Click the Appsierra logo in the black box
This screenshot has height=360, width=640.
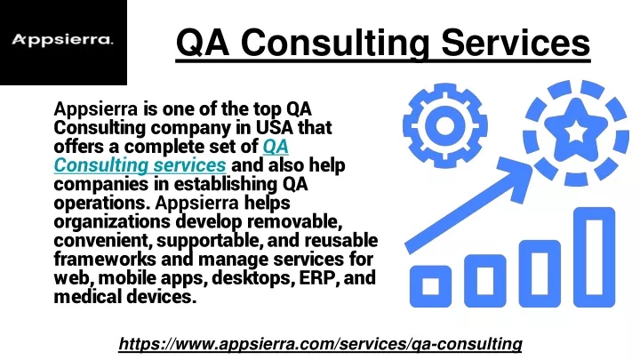62,40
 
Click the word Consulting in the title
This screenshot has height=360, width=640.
335,44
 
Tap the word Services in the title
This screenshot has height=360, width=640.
516,43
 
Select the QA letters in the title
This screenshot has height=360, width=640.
203,44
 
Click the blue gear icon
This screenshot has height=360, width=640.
445,125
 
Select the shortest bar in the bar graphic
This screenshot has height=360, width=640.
430,286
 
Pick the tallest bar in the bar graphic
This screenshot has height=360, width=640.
594,257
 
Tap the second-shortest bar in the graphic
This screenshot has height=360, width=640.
485,281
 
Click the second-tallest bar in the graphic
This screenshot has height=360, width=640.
540,274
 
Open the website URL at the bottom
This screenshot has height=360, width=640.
320,344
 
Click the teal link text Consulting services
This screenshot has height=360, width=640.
140,165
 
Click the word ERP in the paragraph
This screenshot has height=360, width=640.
319,278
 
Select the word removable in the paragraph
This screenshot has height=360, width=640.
295,221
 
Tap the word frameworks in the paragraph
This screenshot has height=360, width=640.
105,260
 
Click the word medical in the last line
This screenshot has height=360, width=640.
88,297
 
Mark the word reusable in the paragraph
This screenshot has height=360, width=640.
340,240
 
